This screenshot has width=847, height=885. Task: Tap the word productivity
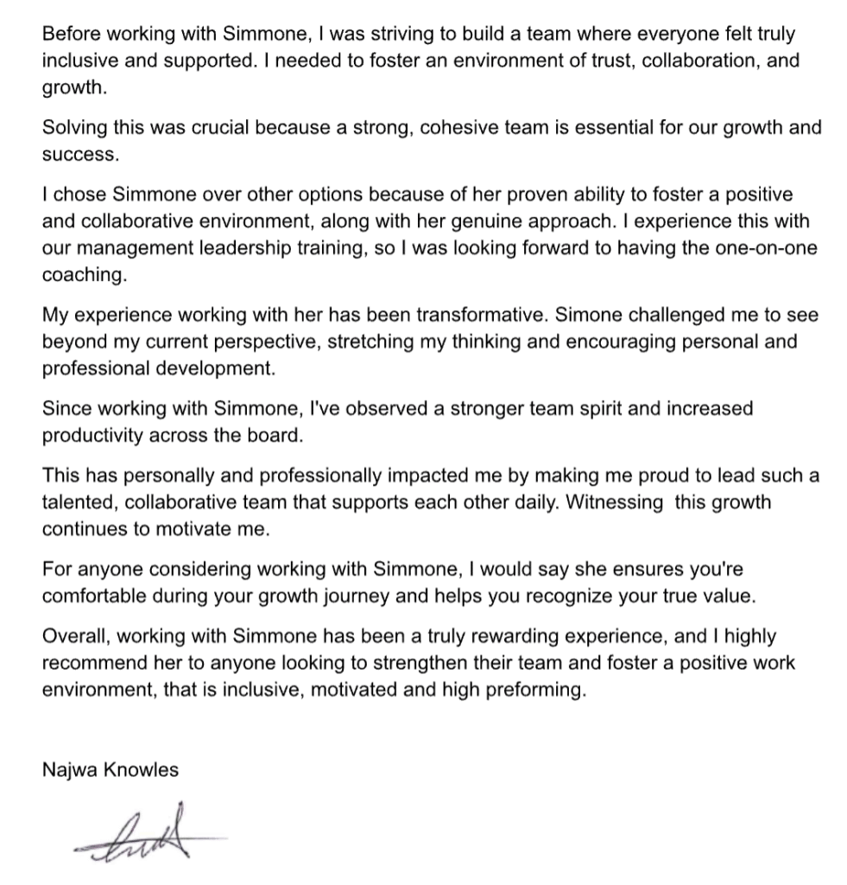[x=92, y=434]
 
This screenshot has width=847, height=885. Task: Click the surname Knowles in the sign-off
[x=142, y=770]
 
